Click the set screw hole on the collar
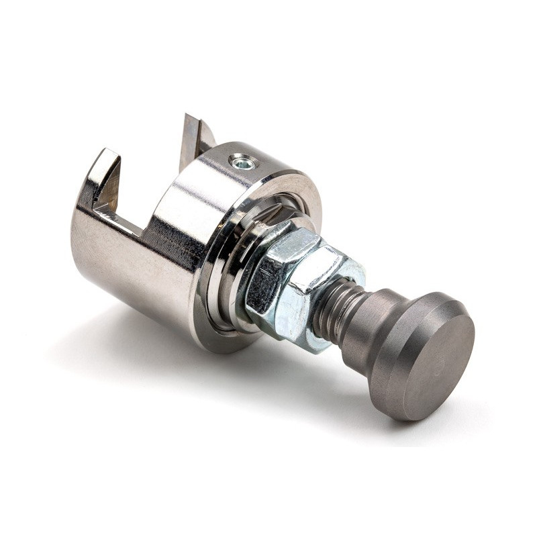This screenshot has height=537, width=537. (242, 161)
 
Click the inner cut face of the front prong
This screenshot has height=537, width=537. (109, 185)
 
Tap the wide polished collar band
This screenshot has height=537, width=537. (181, 201)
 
